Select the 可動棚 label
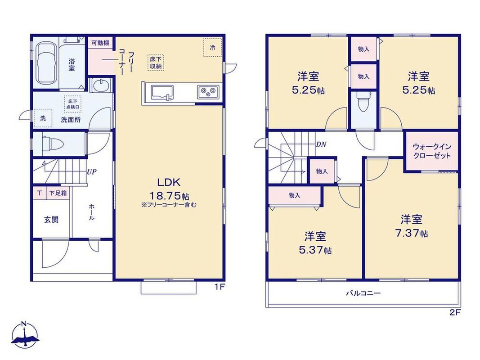tap(100, 43)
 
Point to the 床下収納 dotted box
tap(156, 63)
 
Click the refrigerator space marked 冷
tap(212, 47)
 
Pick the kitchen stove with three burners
tap(208, 91)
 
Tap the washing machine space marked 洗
tap(43, 118)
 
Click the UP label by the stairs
tap(91, 172)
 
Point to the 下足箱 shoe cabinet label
tap(58, 193)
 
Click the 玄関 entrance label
tap(51, 220)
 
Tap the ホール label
tap(91, 212)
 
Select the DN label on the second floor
tap(321, 144)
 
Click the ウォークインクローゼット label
tap(432, 151)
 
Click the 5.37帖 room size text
tap(315, 250)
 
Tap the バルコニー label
tap(363, 293)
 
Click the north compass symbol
tap(25, 335)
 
